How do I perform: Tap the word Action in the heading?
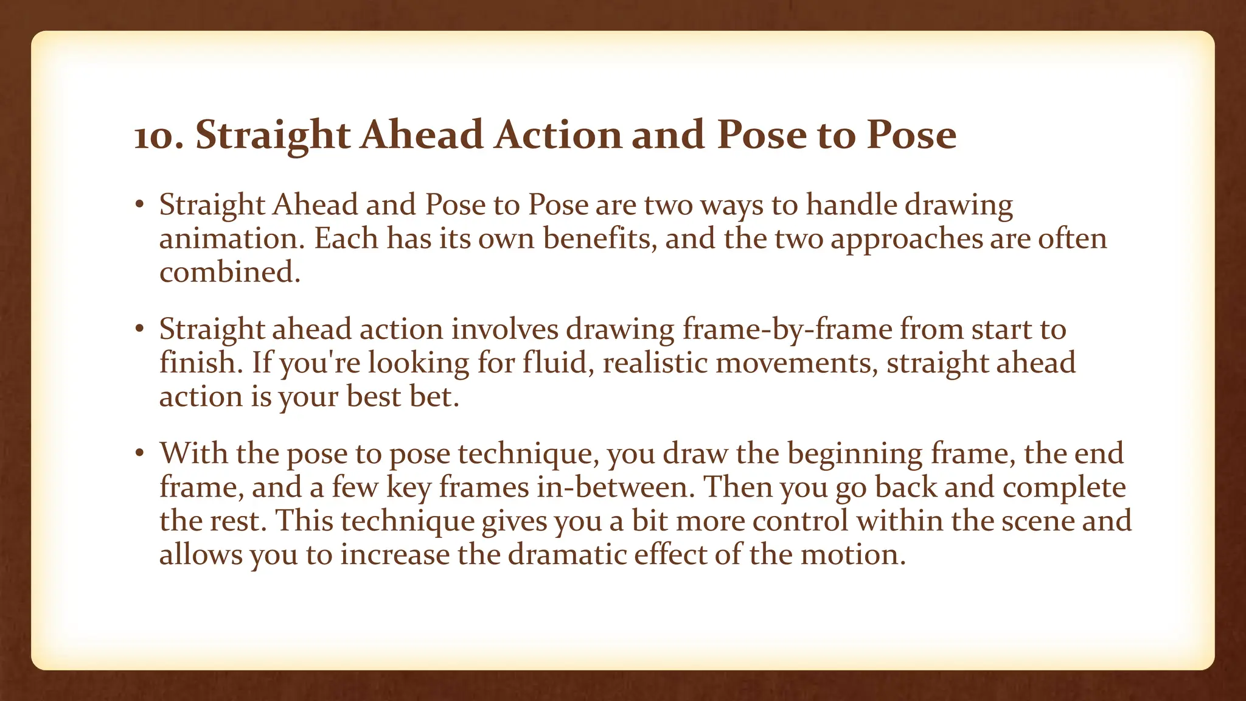coord(558,135)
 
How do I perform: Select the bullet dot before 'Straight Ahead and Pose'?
coord(139,205)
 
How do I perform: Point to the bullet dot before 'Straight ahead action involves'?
coord(139,329)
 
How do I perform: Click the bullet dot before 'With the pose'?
coord(139,453)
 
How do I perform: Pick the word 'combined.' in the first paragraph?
coord(230,272)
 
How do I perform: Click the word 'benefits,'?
coord(600,238)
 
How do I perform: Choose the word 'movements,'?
coord(796,363)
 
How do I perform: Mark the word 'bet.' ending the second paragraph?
coord(434,396)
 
